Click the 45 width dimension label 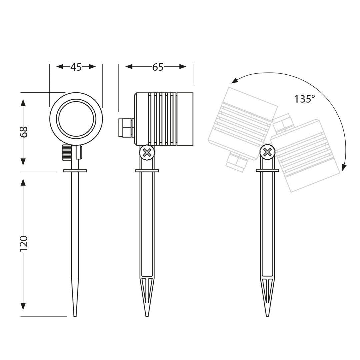click(x=76, y=67)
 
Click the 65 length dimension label click(x=158, y=67)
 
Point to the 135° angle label click(x=305, y=99)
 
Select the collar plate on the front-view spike click(x=75, y=171)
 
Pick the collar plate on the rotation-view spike click(x=267, y=171)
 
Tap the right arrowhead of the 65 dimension click(x=183, y=67)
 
